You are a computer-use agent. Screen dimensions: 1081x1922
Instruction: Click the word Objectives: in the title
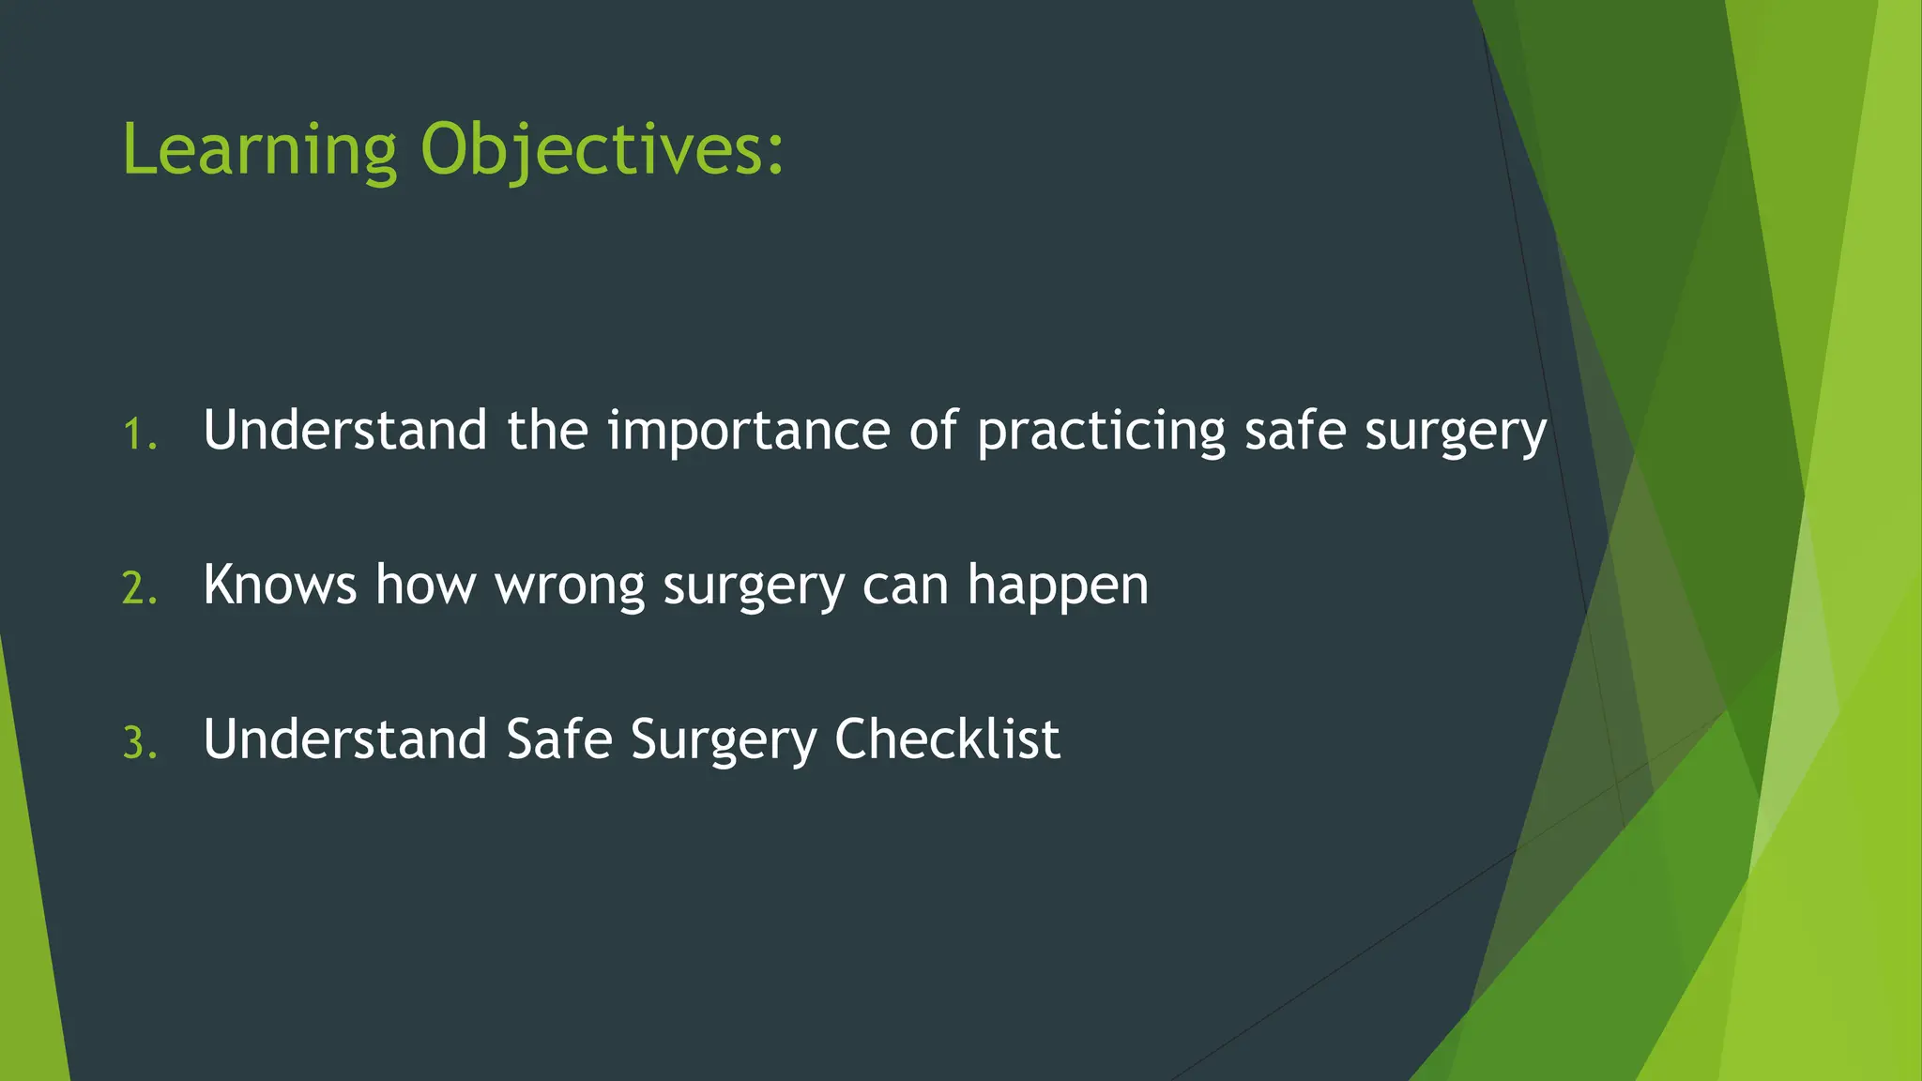602,150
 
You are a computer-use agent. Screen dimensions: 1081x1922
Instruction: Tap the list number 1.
140,434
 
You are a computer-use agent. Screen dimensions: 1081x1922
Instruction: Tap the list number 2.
140,589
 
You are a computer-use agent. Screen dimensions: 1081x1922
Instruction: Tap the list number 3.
140,743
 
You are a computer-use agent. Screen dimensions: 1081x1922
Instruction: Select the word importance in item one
748,431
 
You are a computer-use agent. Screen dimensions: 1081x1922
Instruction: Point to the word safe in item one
1295,431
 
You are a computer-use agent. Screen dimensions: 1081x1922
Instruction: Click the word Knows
280,585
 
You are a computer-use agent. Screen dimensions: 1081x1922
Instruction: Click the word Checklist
947,738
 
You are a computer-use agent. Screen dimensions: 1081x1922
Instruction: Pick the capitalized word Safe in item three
559,738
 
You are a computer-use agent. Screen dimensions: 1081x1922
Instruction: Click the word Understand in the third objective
344,738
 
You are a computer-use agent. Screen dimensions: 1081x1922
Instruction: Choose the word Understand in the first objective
344,431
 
